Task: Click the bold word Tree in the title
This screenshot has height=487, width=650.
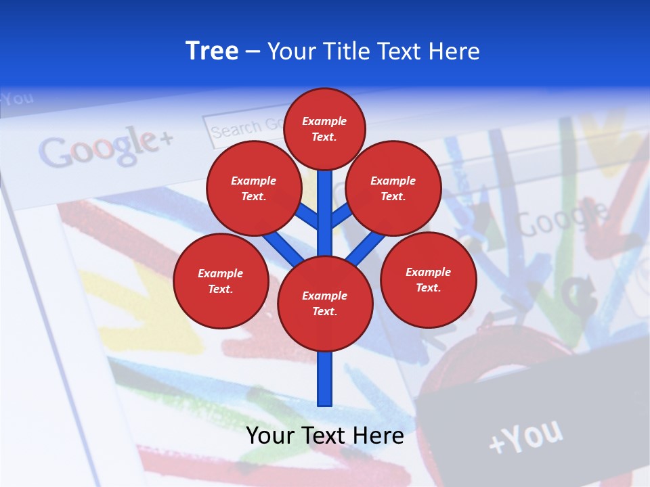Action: (x=212, y=51)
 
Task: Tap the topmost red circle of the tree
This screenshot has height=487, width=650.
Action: (x=324, y=129)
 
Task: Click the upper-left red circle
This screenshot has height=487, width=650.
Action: (x=254, y=188)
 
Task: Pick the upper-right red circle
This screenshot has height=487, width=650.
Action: (x=393, y=188)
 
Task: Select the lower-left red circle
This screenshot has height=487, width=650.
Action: (x=221, y=281)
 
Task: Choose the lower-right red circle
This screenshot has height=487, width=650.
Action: (x=429, y=279)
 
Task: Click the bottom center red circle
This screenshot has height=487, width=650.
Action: (x=325, y=303)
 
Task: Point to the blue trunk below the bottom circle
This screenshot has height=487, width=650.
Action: (x=325, y=379)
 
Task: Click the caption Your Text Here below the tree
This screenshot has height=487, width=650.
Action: (x=325, y=435)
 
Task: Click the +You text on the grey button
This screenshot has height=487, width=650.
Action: (x=525, y=436)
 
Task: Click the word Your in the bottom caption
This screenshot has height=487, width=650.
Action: (x=270, y=435)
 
